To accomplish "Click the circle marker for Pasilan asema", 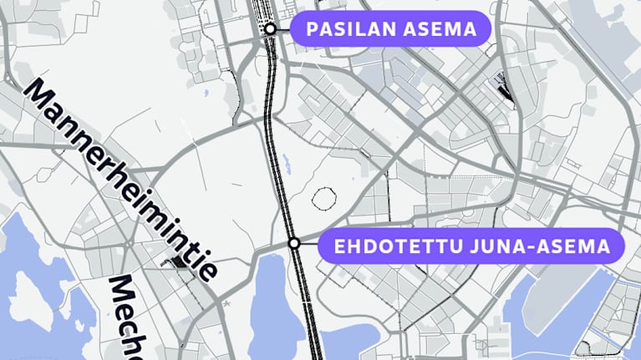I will tap(270, 29).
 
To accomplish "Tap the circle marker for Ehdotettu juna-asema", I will tap(294, 243).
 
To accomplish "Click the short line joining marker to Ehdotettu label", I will tap(309, 244).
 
